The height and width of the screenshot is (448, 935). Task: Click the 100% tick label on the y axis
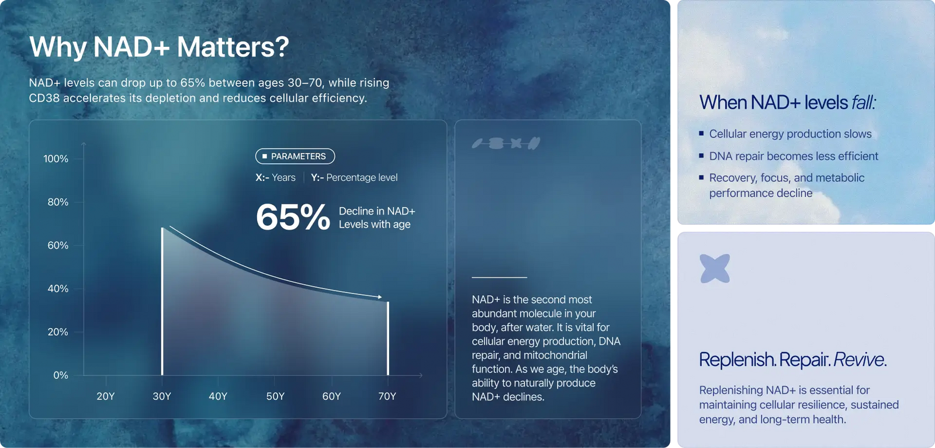click(56, 159)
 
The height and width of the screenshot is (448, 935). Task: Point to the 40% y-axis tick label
click(58, 289)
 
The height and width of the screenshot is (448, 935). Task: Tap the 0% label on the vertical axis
click(61, 375)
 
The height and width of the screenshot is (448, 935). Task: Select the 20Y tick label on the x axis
click(106, 396)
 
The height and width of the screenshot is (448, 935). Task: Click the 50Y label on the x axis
click(275, 396)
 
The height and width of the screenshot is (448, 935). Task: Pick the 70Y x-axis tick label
click(387, 396)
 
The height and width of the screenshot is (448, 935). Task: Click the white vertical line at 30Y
click(162, 301)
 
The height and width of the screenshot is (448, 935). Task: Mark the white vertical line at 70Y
click(388, 339)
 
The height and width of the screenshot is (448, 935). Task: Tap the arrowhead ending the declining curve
click(379, 297)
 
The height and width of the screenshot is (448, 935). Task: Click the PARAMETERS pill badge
click(295, 156)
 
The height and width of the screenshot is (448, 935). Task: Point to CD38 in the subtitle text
click(44, 98)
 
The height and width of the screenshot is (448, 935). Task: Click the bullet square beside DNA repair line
click(701, 156)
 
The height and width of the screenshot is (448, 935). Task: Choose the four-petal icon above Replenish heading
click(715, 268)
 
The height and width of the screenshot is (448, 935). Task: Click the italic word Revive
click(860, 360)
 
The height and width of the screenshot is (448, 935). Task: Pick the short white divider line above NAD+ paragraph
click(499, 277)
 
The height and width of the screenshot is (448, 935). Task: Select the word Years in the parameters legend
click(283, 178)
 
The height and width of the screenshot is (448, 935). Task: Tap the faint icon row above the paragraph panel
click(506, 143)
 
